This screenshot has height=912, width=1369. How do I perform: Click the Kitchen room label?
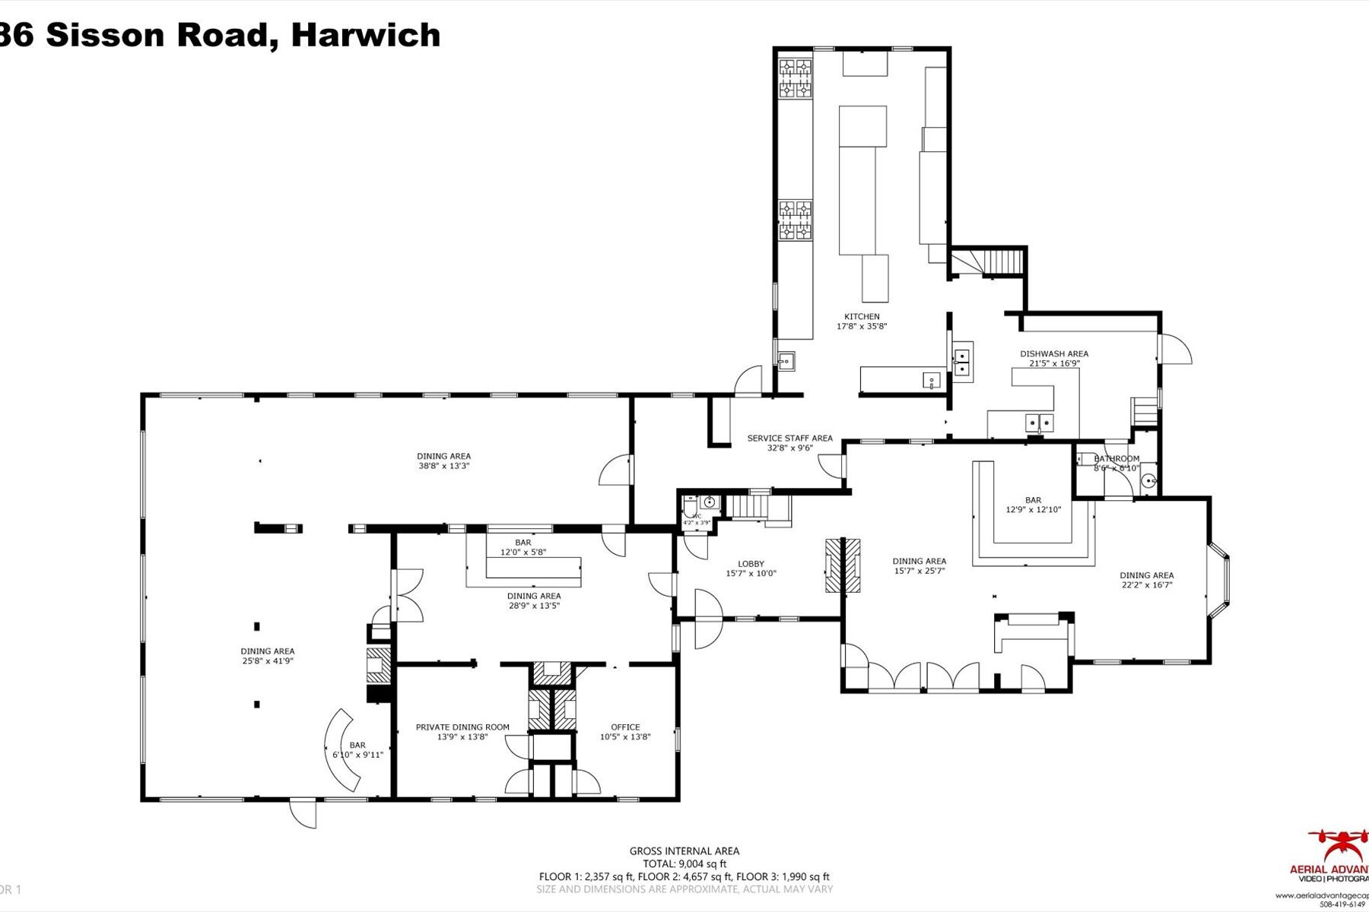[862, 316]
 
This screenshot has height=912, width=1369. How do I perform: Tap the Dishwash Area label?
[1053, 353]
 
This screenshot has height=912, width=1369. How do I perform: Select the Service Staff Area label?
[789, 438]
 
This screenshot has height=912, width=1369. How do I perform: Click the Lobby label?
[751, 564]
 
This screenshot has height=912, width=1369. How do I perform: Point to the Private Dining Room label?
[462, 727]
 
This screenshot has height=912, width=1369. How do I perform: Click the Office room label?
[625, 727]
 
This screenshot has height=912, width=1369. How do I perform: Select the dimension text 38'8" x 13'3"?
[443, 466]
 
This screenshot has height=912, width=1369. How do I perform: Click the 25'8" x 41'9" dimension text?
[267, 661]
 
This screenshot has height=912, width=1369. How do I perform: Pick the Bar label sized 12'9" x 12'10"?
[1033, 500]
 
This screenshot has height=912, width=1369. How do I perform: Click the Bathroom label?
[1116, 458]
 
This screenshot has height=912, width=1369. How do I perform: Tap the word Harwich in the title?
[366, 35]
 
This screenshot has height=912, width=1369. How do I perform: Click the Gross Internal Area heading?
[684, 851]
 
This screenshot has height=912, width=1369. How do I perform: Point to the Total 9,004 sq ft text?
[684, 863]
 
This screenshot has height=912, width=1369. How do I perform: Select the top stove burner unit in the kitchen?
[795, 79]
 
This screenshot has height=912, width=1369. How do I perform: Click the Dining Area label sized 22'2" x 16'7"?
[1146, 575]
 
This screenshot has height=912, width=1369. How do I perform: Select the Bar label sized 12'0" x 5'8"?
[523, 543]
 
